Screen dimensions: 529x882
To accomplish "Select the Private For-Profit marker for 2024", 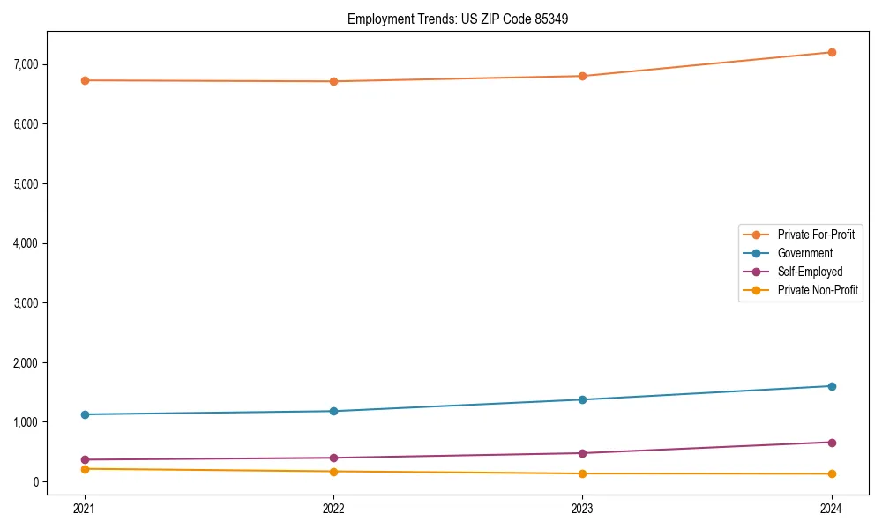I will pyautogui.click(x=831, y=53).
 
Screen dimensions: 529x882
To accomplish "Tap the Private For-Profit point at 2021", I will pyautogui.click(x=85, y=80).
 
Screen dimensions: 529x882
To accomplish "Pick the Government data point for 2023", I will pyautogui.click(x=582, y=399).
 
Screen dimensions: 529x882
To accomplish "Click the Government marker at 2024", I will pyautogui.click(x=831, y=386).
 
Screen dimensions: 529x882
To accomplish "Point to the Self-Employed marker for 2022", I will pyautogui.click(x=333, y=458).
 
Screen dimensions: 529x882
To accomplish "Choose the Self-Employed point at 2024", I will pyautogui.click(x=831, y=443).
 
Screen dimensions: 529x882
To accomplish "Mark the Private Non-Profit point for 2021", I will pyautogui.click(x=85, y=469).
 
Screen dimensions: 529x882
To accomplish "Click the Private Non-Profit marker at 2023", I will pyautogui.click(x=582, y=473).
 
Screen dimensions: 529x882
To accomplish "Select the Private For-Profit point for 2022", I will pyautogui.click(x=333, y=81).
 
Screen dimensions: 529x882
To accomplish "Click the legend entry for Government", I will pyautogui.click(x=804, y=253).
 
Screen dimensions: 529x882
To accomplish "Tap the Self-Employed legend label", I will pyautogui.click(x=810, y=272).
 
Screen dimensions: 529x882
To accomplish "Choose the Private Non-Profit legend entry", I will pyautogui.click(x=818, y=290).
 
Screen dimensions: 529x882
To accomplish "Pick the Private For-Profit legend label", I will pyautogui.click(x=815, y=235).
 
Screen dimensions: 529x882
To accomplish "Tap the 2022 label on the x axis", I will pyautogui.click(x=333, y=508).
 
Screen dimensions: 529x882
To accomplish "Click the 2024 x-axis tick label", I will pyautogui.click(x=831, y=508).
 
